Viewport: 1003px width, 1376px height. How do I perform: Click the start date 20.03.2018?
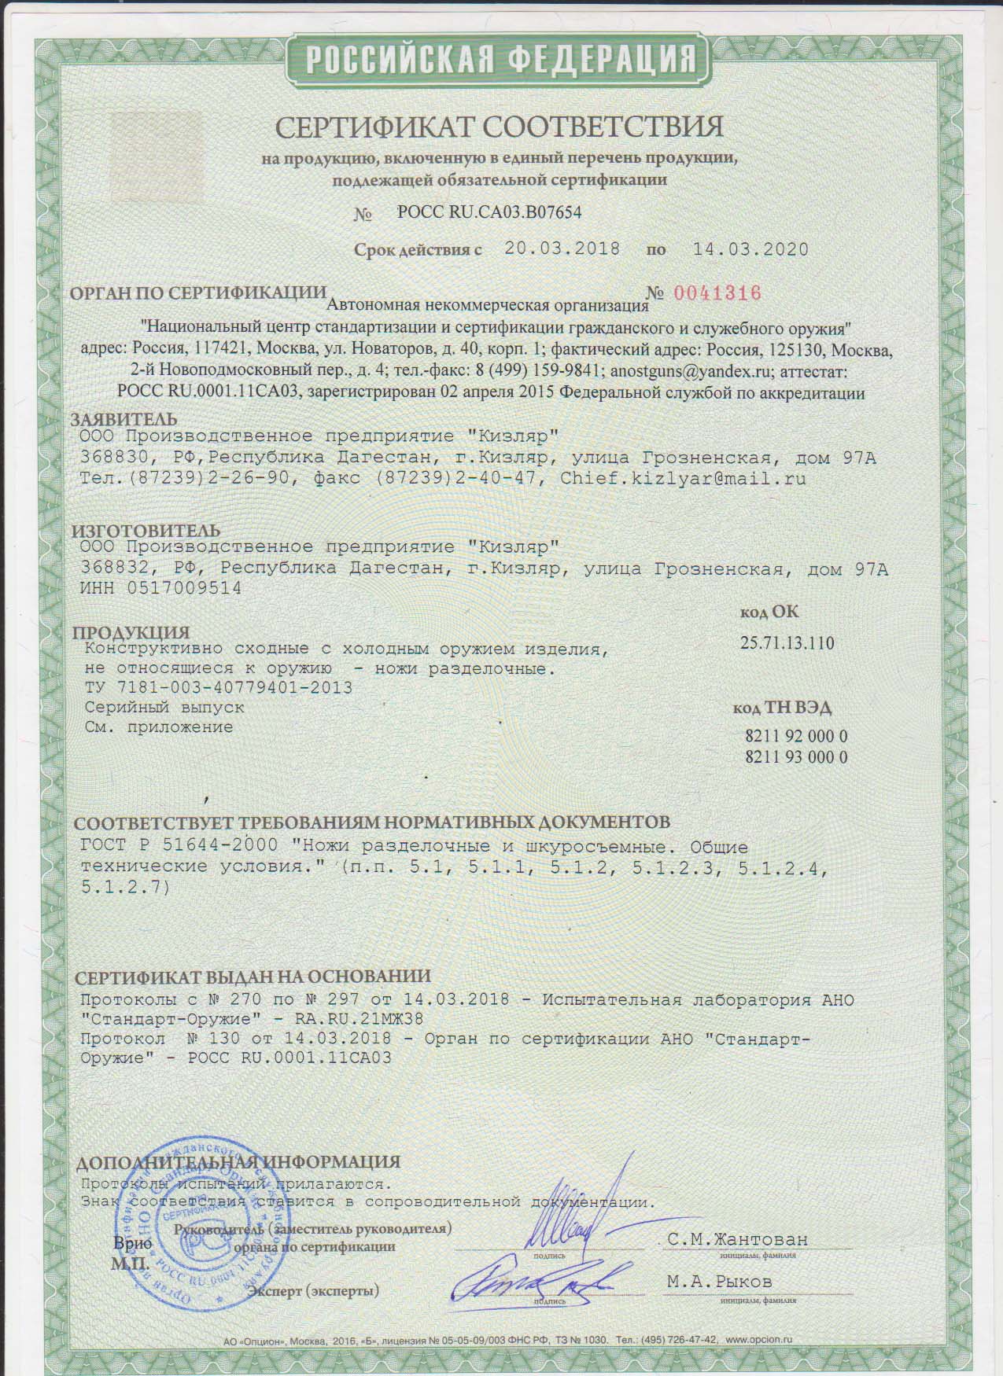click(x=562, y=249)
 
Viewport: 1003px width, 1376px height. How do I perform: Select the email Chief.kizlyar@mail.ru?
click(x=683, y=477)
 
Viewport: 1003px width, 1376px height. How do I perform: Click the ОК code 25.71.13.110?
click(x=787, y=643)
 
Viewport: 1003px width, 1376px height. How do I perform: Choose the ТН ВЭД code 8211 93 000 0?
click(x=795, y=757)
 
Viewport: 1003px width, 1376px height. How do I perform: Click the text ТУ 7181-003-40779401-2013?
click(x=218, y=687)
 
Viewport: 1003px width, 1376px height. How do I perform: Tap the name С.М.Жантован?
click(x=737, y=1239)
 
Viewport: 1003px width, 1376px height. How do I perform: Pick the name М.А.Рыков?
click(x=719, y=1282)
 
